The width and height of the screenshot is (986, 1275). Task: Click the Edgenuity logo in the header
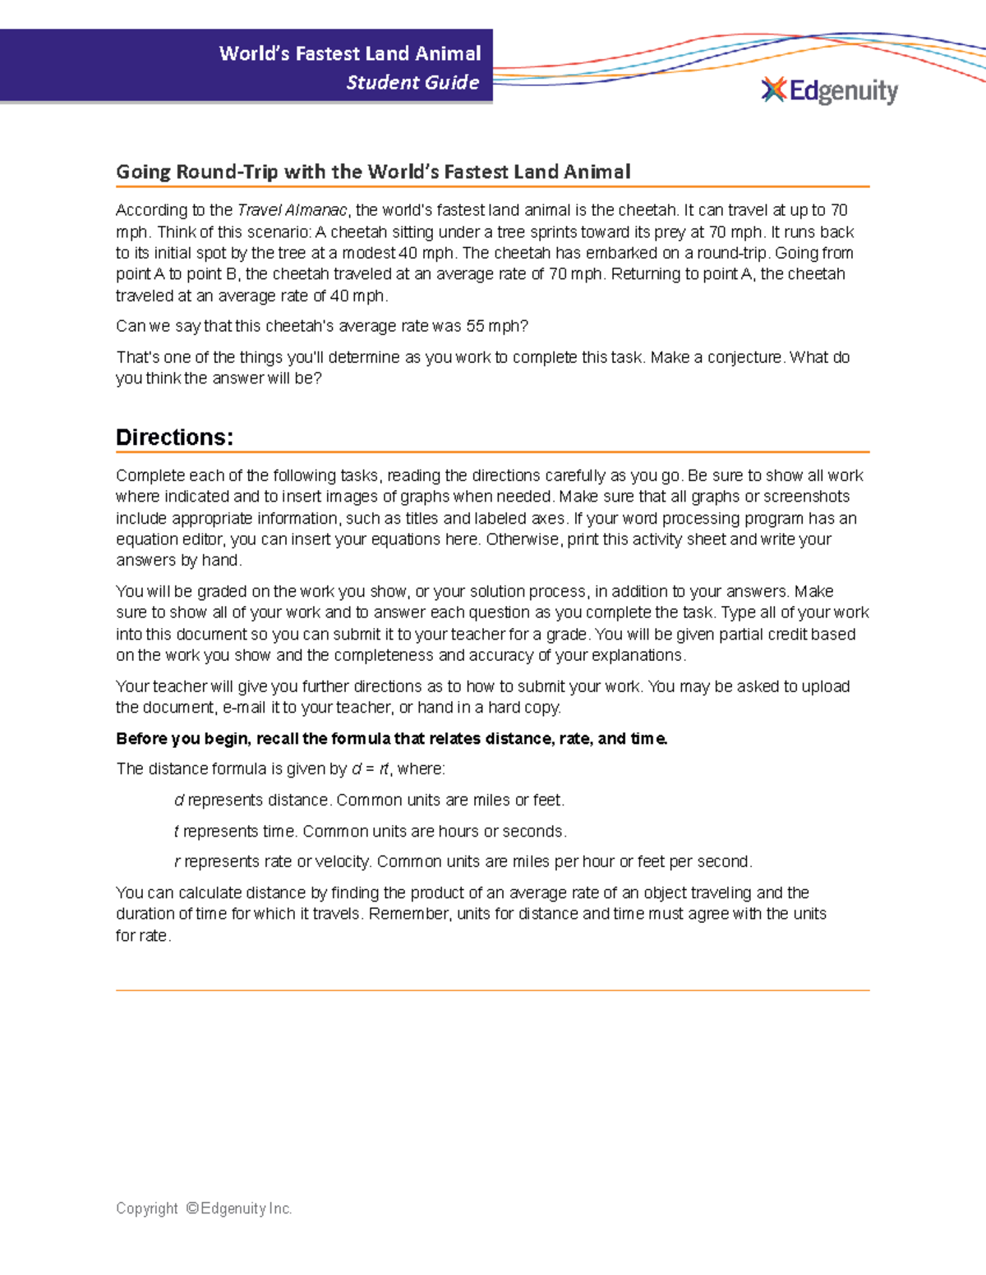coord(830,90)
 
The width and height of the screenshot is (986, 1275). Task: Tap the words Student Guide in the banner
coord(412,82)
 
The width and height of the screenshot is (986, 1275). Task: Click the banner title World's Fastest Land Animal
coord(350,53)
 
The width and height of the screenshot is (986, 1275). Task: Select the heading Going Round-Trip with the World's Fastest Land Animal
coord(373,172)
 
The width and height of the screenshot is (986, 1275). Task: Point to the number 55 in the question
coord(475,326)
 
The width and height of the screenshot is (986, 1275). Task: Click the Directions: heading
coord(174,437)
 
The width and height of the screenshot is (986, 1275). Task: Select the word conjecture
coord(745,357)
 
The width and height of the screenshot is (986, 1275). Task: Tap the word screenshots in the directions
coord(809,497)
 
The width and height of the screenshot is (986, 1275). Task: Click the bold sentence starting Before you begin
coord(391,738)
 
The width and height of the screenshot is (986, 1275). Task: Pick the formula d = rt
coord(370,769)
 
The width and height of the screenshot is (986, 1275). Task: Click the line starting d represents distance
coord(369,800)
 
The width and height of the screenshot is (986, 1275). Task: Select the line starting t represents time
coord(370,831)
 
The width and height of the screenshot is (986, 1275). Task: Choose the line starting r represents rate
coord(463,861)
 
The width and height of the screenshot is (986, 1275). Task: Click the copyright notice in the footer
coord(204,1208)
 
